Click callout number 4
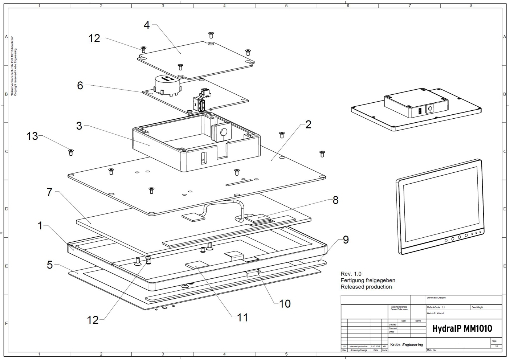[x=147, y=25]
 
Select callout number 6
[x=80, y=85]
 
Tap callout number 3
[x=79, y=126]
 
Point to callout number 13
[x=32, y=136]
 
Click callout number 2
[x=308, y=124]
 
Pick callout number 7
[x=50, y=192]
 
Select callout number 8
[x=335, y=200]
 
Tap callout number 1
[x=40, y=226]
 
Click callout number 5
[x=50, y=265]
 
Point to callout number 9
[x=346, y=240]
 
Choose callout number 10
[x=285, y=303]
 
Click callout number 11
[x=242, y=318]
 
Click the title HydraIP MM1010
[x=462, y=329]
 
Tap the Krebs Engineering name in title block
[x=406, y=345]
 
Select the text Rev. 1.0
[x=351, y=274]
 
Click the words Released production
[x=366, y=287]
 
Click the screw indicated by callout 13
[x=71, y=152]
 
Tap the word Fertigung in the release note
[x=353, y=281]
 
